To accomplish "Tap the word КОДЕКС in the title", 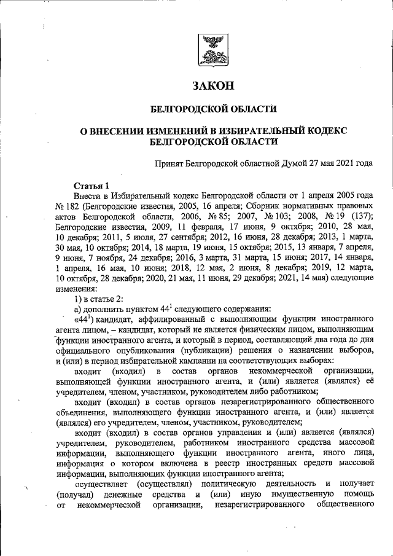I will (x=326, y=131).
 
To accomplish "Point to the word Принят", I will (x=170, y=163).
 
